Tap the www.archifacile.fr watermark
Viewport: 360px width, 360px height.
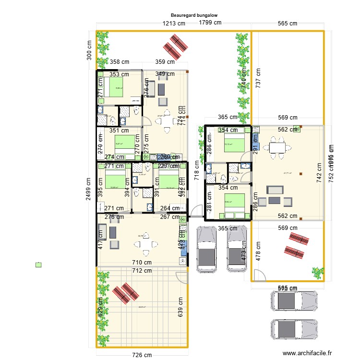[307, 353]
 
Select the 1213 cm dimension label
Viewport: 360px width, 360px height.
[174, 23]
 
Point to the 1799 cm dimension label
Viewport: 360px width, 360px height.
[210, 22]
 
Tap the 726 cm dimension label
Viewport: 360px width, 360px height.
[143, 355]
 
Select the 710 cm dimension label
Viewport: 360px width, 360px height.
[143, 262]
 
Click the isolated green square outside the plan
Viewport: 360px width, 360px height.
[38, 264]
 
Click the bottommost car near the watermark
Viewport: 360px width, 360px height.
[294, 329]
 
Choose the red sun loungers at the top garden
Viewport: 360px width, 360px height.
[175, 45]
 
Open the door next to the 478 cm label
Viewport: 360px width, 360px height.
[260, 275]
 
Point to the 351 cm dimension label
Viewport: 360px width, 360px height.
[119, 130]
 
